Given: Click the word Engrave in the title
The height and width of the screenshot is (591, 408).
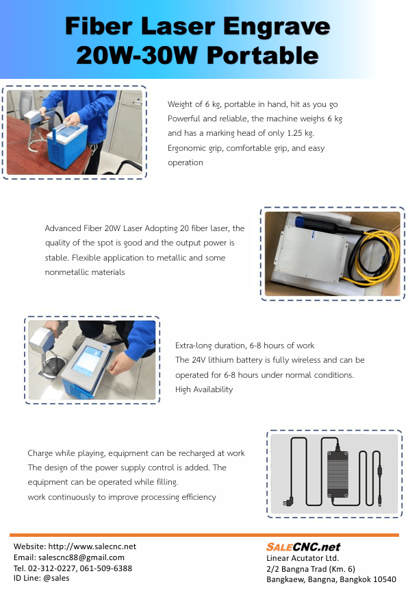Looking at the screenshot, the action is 277,27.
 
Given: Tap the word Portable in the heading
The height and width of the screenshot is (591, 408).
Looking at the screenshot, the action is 263,56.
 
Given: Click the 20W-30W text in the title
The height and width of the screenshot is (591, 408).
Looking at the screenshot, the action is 137,56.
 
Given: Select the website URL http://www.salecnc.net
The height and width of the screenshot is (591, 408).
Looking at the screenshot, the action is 92,546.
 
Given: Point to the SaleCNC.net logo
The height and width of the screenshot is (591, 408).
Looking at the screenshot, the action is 303,547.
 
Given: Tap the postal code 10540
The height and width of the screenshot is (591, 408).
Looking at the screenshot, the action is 385,579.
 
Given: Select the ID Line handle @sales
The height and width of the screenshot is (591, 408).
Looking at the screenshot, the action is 56,578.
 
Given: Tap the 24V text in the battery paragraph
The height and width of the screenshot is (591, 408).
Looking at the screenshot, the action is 199,360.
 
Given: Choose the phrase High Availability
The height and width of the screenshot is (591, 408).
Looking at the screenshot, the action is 204,389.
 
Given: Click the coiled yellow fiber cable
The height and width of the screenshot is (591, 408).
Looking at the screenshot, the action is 377,256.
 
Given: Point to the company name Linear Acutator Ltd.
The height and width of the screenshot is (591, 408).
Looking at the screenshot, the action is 303,558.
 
